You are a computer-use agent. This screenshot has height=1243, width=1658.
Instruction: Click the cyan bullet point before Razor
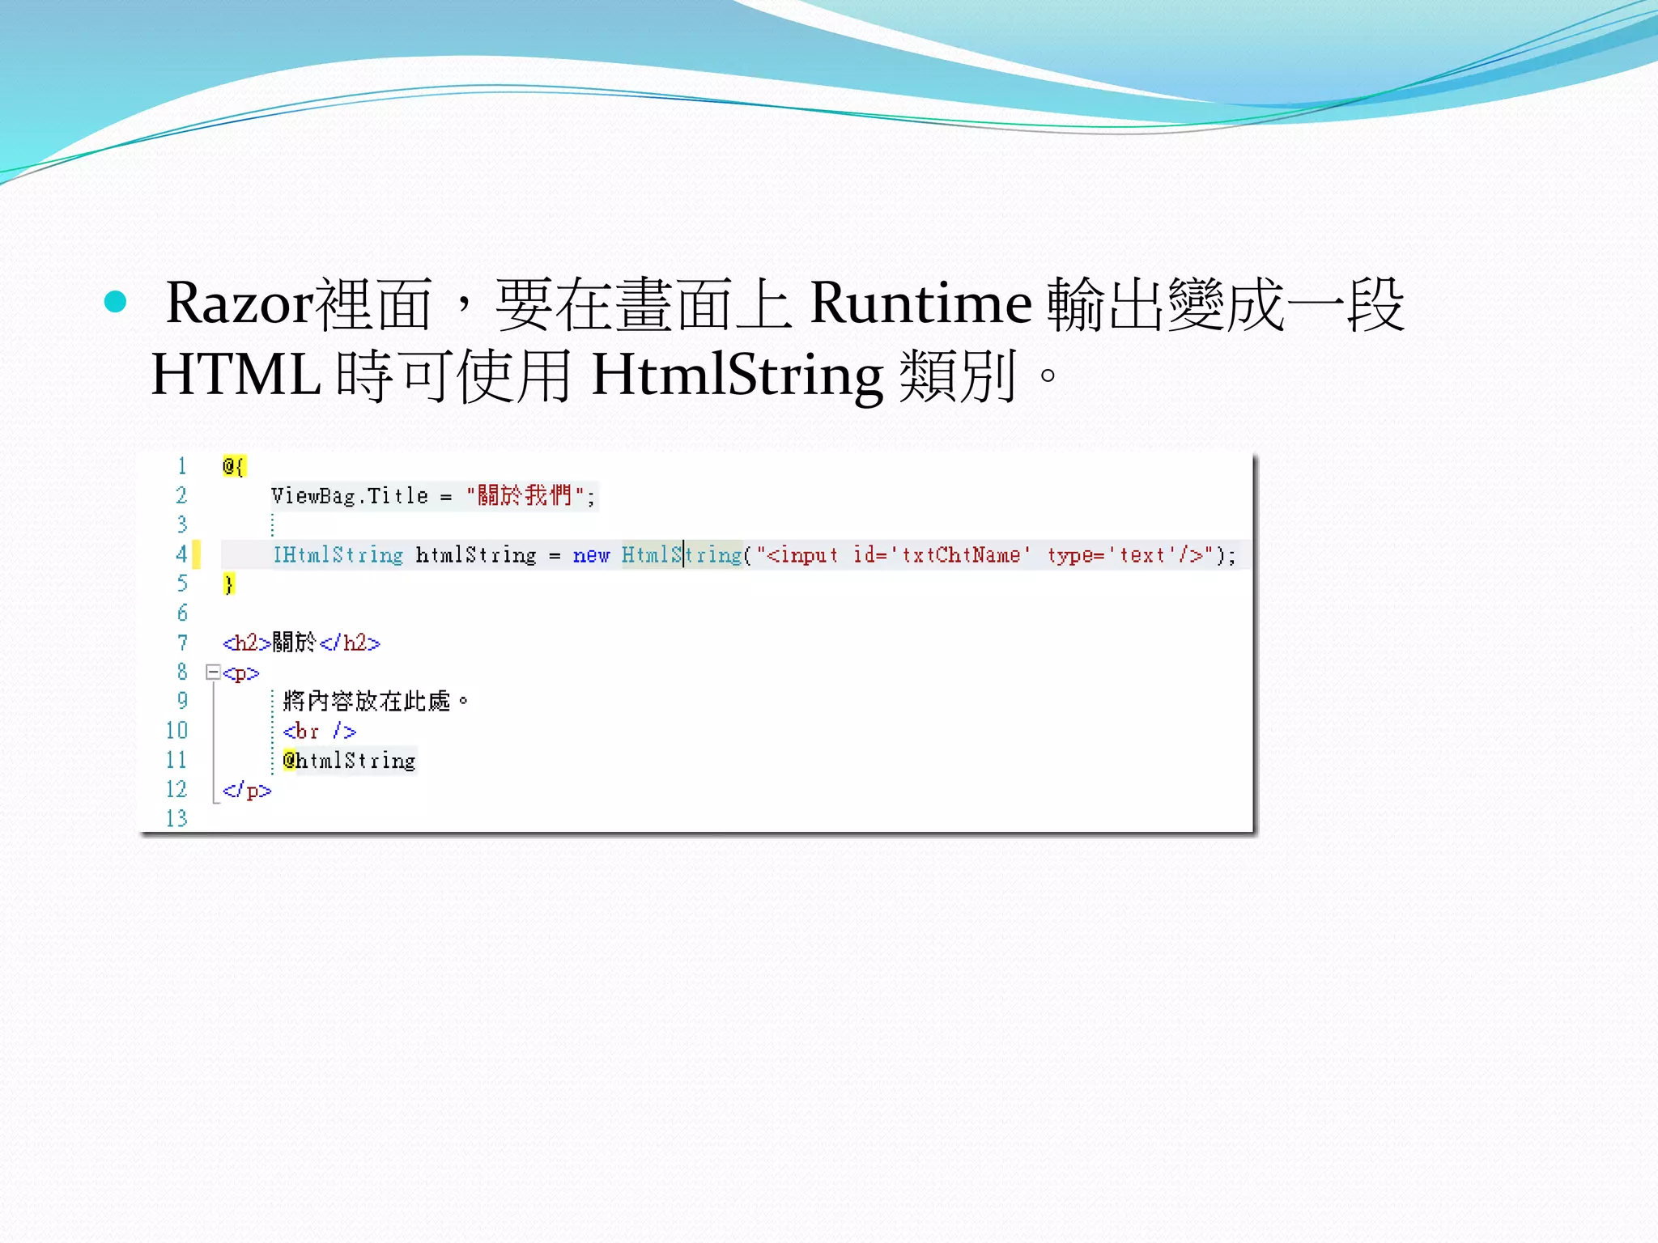click(116, 302)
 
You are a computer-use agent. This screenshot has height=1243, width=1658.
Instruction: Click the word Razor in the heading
click(240, 304)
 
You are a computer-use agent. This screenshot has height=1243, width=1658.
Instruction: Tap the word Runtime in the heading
click(920, 304)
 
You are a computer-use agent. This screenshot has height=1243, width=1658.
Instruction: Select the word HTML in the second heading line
click(236, 375)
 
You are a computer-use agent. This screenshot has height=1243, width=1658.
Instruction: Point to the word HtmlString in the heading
click(737, 375)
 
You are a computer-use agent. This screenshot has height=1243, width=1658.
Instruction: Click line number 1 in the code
click(182, 466)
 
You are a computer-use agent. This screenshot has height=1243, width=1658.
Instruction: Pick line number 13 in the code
click(176, 818)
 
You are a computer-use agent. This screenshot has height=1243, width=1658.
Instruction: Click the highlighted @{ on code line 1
click(233, 466)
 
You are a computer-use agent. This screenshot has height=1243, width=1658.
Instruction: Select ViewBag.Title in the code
click(350, 495)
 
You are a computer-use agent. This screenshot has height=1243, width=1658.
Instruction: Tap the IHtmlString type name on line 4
click(338, 555)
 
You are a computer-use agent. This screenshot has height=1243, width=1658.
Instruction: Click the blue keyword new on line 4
click(591, 555)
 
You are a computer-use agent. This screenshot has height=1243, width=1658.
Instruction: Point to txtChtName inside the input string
click(961, 555)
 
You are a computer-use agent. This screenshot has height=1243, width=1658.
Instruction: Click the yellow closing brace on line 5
click(229, 583)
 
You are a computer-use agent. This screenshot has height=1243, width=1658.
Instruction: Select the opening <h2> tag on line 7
click(246, 643)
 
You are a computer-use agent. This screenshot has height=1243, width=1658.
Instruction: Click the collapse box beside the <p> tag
click(213, 672)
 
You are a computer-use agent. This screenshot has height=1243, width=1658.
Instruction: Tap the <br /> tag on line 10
click(320, 732)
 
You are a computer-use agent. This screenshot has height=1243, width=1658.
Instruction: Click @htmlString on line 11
click(349, 761)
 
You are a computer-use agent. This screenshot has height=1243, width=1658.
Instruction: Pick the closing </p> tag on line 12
click(247, 791)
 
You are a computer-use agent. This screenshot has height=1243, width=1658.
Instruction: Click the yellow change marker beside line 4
click(197, 554)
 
